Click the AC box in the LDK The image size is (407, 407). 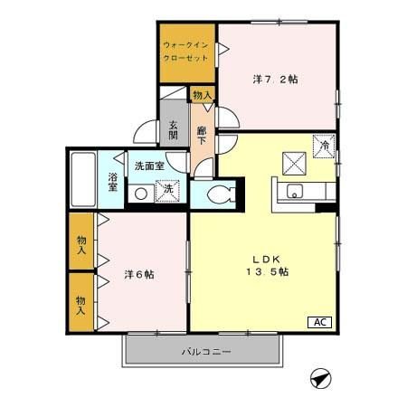320,322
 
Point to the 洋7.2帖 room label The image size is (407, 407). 275,80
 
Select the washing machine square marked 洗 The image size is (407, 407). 166,191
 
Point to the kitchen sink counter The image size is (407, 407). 303,192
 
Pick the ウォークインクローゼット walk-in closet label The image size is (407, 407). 186,51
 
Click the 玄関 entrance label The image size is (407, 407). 174,130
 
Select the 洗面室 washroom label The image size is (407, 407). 149,166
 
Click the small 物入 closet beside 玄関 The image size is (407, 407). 202,94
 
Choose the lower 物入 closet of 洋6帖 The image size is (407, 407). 81,304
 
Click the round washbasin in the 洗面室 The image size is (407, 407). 141,193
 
